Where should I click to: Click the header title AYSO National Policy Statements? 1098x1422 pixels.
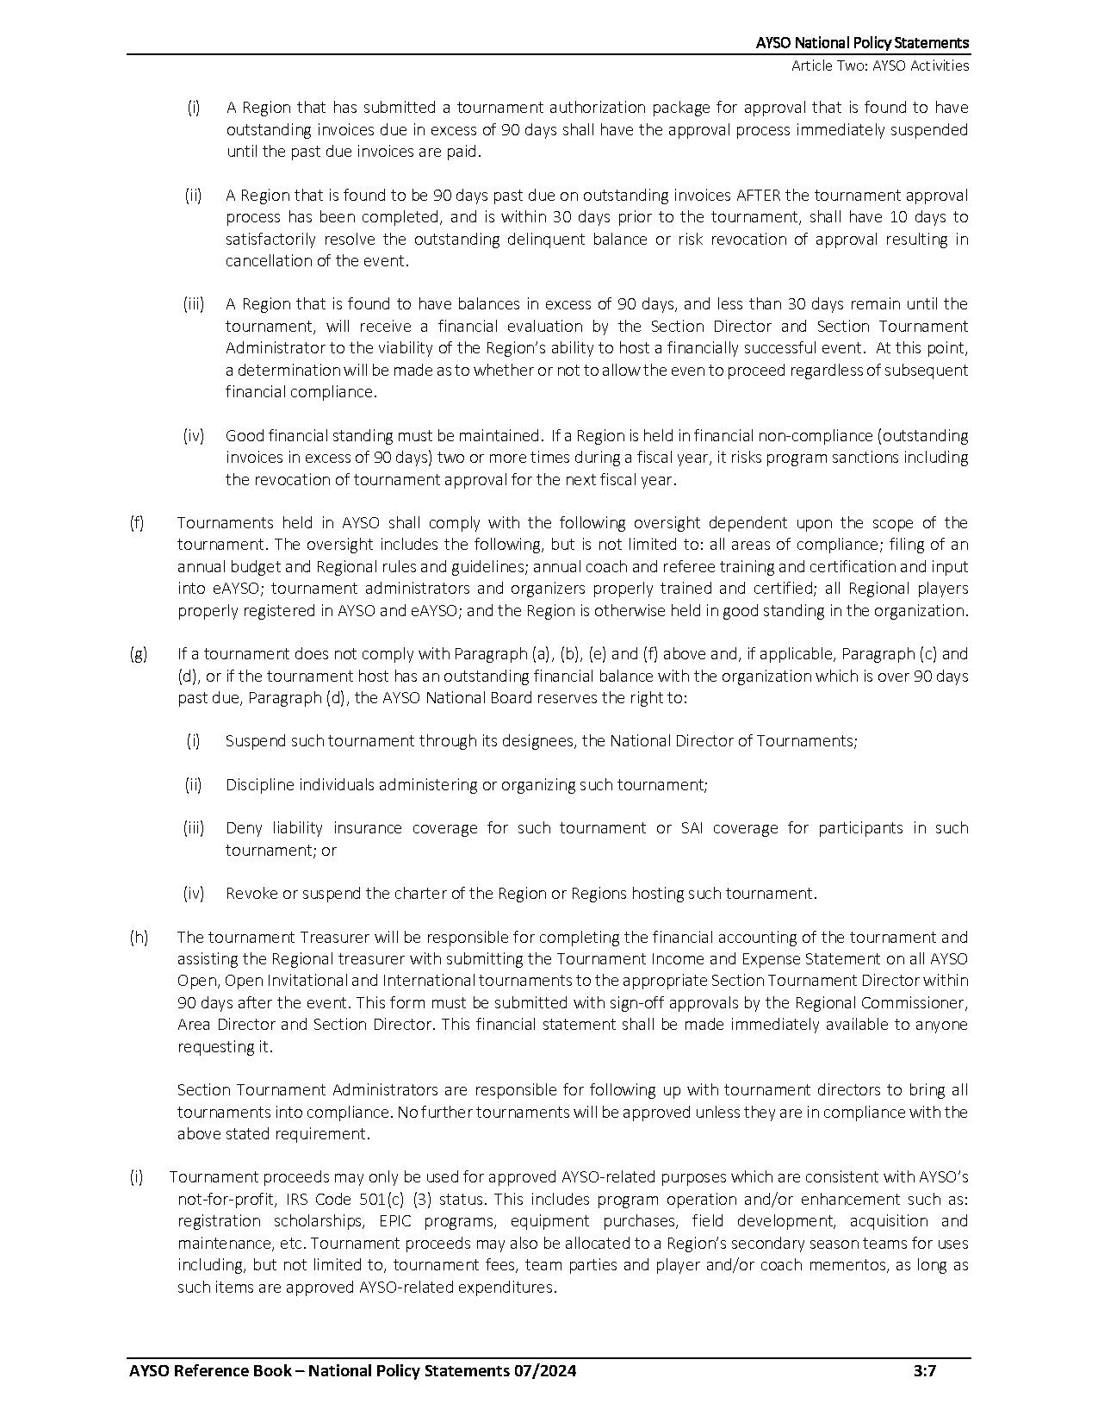(x=862, y=43)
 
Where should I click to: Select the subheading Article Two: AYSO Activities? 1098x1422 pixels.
(x=880, y=65)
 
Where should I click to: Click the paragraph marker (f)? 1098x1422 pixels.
(x=137, y=523)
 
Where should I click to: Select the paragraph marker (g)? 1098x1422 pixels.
(x=138, y=654)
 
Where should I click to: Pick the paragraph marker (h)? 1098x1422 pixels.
(x=138, y=937)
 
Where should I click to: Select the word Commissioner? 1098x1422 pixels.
(x=921, y=1003)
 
